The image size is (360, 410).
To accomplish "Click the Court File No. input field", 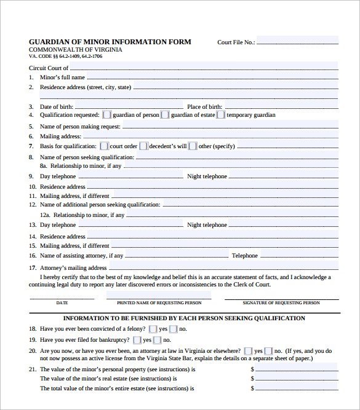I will click(x=297, y=42).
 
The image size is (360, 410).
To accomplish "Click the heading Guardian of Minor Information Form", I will click(x=110, y=42).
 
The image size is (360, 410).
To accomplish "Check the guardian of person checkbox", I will click(x=107, y=114).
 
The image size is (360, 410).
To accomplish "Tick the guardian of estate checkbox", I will click(x=165, y=114).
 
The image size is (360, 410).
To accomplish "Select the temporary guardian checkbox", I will click(x=221, y=114).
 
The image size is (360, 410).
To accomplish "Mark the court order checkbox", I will click(x=104, y=146).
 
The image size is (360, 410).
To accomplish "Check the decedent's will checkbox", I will click(x=143, y=146).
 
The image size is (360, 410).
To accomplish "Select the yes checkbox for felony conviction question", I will click(x=153, y=329).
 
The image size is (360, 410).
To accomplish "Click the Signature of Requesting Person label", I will click(x=281, y=303).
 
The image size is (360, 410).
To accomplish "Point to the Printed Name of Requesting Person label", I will click(x=154, y=303).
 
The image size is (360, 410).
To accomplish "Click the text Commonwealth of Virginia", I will click(x=76, y=49).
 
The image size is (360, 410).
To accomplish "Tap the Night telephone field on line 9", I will click(x=283, y=176).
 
